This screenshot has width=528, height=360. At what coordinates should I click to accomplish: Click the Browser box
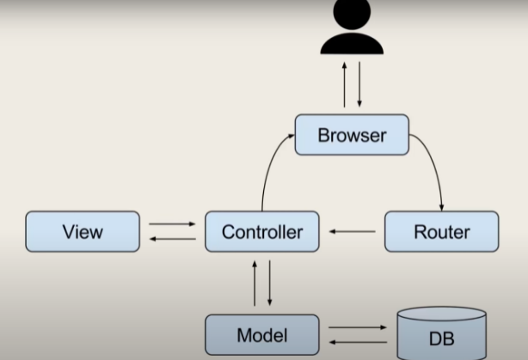[352, 135]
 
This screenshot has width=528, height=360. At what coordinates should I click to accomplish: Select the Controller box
[261, 232]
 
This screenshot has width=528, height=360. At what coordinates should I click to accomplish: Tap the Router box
[441, 232]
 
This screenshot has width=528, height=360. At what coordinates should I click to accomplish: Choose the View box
[83, 232]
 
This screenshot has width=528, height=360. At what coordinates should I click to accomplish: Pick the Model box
[261, 335]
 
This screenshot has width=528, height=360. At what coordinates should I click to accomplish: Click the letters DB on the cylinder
[441, 340]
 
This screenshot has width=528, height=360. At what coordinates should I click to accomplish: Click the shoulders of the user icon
[351, 44]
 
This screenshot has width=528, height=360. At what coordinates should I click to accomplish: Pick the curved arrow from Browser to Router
[432, 168]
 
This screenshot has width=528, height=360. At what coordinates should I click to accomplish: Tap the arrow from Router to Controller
[353, 232]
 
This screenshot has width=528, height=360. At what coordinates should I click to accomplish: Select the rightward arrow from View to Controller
[172, 224]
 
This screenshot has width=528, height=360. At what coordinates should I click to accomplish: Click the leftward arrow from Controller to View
[172, 238]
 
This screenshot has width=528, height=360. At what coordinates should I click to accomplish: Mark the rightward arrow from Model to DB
[358, 327]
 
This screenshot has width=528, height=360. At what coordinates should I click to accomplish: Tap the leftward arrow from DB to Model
[358, 342]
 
